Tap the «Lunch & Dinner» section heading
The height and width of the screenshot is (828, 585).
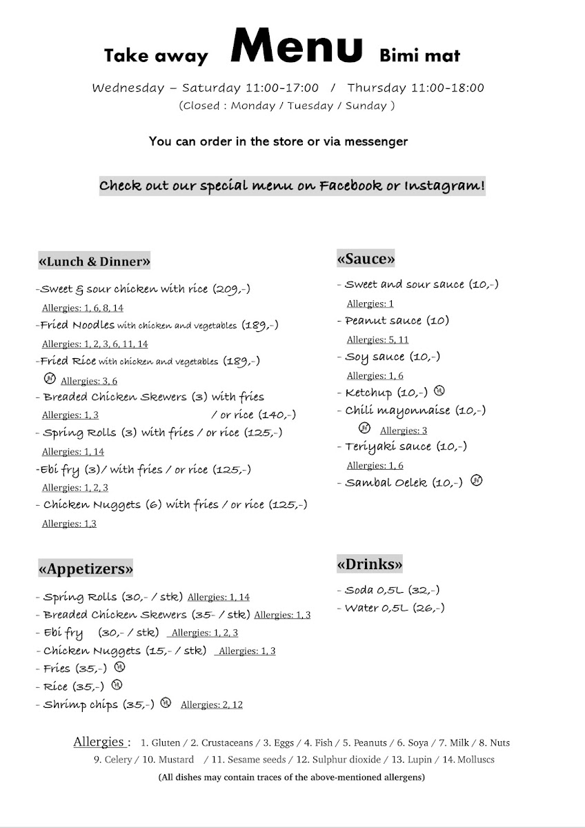click(95, 262)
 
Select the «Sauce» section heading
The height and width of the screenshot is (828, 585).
click(366, 259)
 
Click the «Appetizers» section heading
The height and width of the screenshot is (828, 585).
click(86, 569)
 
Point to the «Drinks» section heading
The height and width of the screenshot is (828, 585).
click(370, 564)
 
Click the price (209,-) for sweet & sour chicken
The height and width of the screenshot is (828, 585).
click(231, 289)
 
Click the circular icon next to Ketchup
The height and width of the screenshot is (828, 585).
click(439, 391)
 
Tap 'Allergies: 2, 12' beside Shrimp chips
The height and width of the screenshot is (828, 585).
click(211, 705)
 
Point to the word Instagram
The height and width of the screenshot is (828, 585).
click(444, 186)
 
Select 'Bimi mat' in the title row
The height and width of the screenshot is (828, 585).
click(419, 55)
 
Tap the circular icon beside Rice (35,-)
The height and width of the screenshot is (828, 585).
click(117, 685)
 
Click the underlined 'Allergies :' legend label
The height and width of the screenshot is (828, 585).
click(101, 742)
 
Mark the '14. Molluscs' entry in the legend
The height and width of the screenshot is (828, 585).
click(468, 760)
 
